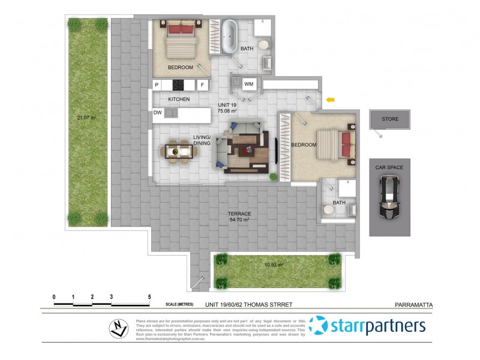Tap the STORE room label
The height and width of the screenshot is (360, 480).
pyautogui.click(x=390, y=119)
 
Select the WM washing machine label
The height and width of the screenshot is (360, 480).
pyautogui.click(x=248, y=84)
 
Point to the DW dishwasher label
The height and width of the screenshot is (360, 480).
pyautogui.click(x=157, y=112)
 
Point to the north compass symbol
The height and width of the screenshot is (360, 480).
pyautogui.click(x=118, y=328)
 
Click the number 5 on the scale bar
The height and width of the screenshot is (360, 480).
pyautogui.click(x=149, y=297)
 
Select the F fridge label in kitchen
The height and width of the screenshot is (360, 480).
pyautogui.click(x=202, y=85)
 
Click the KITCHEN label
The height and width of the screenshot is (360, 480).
pyautogui.click(x=179, y=99)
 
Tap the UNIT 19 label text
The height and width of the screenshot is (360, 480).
pyautogui.click(x=226, y=104)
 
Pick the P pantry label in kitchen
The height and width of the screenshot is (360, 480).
pyautogui.click(x=157, y=85)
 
